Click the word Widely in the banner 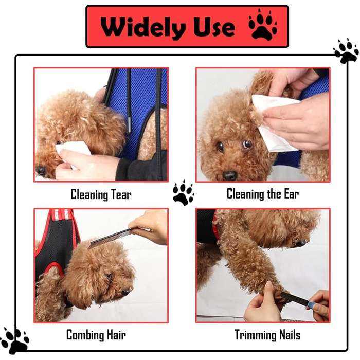coord(143,27)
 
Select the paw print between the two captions coord(183,193)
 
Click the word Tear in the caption coord(121,195)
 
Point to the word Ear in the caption coord(292,194)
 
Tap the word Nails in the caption coord(290,335)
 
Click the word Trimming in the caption coord(255,335)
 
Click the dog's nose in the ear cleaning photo coord(229,176)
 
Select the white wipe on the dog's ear coord(274,123)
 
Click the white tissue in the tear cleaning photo coord(74,152)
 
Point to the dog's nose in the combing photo coord(127,292)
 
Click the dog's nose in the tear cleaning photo coord(41,170)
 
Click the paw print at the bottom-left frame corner coord(15,340)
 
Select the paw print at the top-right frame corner coord(346,51)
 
